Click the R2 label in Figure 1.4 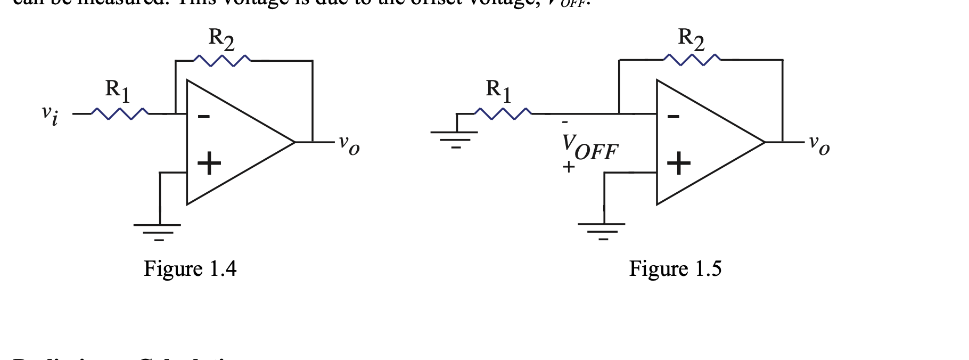221,39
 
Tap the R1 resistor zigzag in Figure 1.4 120,113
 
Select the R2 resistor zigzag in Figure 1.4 221,61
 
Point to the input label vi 50,114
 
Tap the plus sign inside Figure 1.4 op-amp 209,163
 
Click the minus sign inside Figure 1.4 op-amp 203,116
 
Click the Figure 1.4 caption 190,268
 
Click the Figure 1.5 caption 675,268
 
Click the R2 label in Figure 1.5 691,39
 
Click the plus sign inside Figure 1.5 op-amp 679,163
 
